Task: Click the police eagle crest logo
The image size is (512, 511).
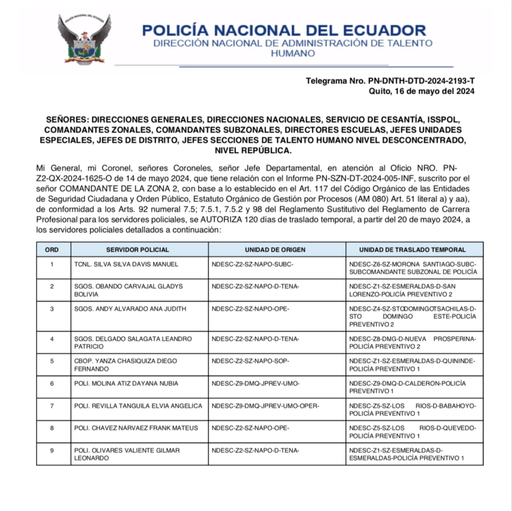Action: (x=84, y=39)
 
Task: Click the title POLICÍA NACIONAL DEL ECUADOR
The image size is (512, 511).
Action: (x=284, y=30)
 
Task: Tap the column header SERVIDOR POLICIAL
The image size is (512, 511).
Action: (x=137, y=250)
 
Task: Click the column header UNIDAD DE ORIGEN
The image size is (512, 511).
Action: (x=275, y=250)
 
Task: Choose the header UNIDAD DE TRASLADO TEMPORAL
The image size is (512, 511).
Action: (x=412, y=250)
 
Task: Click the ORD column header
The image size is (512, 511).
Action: (x=51, y=250)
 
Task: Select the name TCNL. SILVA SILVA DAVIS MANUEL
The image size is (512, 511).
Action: (x=126, y=264)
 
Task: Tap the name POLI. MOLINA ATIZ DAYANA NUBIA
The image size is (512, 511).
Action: (x=126, y=384)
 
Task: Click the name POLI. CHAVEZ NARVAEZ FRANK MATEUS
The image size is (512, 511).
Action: (x=136, y=428)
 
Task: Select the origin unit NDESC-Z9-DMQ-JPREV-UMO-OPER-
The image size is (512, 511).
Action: (x=265, y=406)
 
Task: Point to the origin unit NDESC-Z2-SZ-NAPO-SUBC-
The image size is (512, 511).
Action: (x=253, y=264)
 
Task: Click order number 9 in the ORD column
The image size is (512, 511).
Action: (x=51, y=450)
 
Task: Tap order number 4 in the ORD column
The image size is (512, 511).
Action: (x=51, y=339)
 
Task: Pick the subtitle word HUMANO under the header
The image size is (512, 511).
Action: (x=283, y=53)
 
